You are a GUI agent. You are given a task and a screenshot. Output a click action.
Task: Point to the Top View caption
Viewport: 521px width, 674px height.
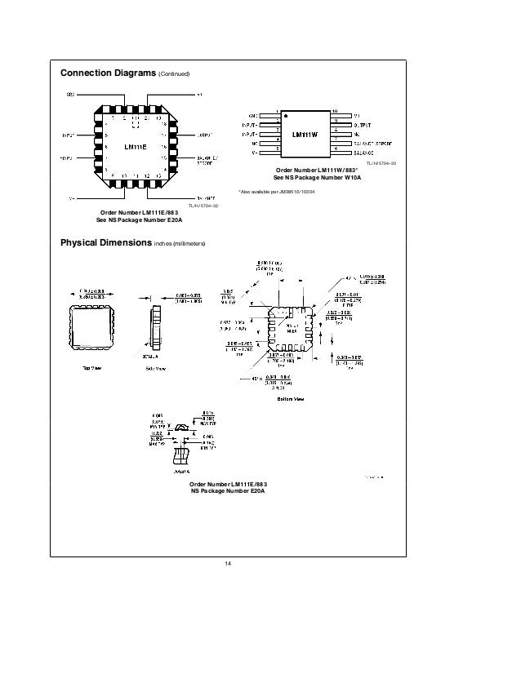[x=91, y=368]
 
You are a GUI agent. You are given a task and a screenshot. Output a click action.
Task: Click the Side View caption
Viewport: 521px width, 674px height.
[x=156, y=369]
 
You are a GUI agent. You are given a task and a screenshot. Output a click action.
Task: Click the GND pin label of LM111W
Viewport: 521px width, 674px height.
[x=254, y=115]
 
